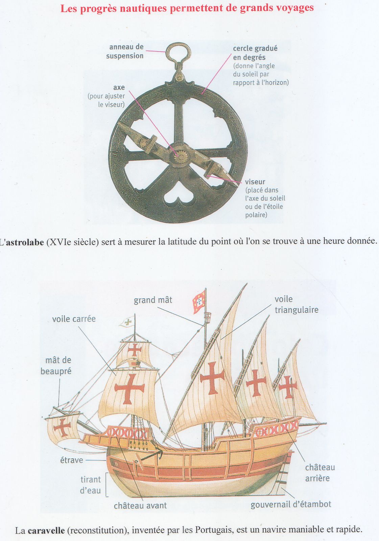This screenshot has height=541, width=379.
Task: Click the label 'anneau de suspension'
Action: pyautogui.click(x=125, y=51)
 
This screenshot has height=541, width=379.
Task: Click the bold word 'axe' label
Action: pyautogui.click(x=119, y=87)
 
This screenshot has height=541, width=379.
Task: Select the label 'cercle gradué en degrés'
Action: pyautogui.click(x=255, y=53)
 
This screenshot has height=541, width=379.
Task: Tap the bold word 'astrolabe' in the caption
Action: pyautogui.click(x=25, y=242)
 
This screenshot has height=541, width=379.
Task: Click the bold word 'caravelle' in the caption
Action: pyautogui.click(x=46, y=531)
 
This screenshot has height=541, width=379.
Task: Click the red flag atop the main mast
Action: pyautogui.click(x=199, y=302)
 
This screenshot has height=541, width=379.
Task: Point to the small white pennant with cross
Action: pyautogui.click(x=127, y=322)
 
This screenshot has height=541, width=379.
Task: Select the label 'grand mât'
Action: pyautogui.click(x=153, y=300)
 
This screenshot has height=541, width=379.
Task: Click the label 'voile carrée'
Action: pyautogui.click(x=74, y=319)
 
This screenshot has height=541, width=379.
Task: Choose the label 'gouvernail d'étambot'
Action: pyautogui.click(x=291, y=504)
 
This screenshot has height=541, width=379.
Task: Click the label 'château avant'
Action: pyautogui.click(x=140, y=505)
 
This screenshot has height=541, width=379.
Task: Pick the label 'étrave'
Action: pyautogui.click(x=71, y=460)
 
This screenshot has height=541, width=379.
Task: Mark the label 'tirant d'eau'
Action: pyautogui.click(x=90, y=485)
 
